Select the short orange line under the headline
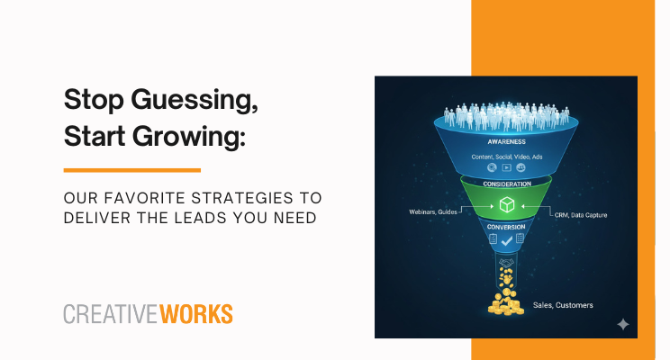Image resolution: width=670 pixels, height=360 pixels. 131,169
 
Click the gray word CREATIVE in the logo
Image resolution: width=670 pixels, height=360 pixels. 109,314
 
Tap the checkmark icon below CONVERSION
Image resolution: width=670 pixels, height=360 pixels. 506,241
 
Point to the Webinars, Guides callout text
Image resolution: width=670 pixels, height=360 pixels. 434,212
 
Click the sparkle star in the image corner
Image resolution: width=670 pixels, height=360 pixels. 622,324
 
